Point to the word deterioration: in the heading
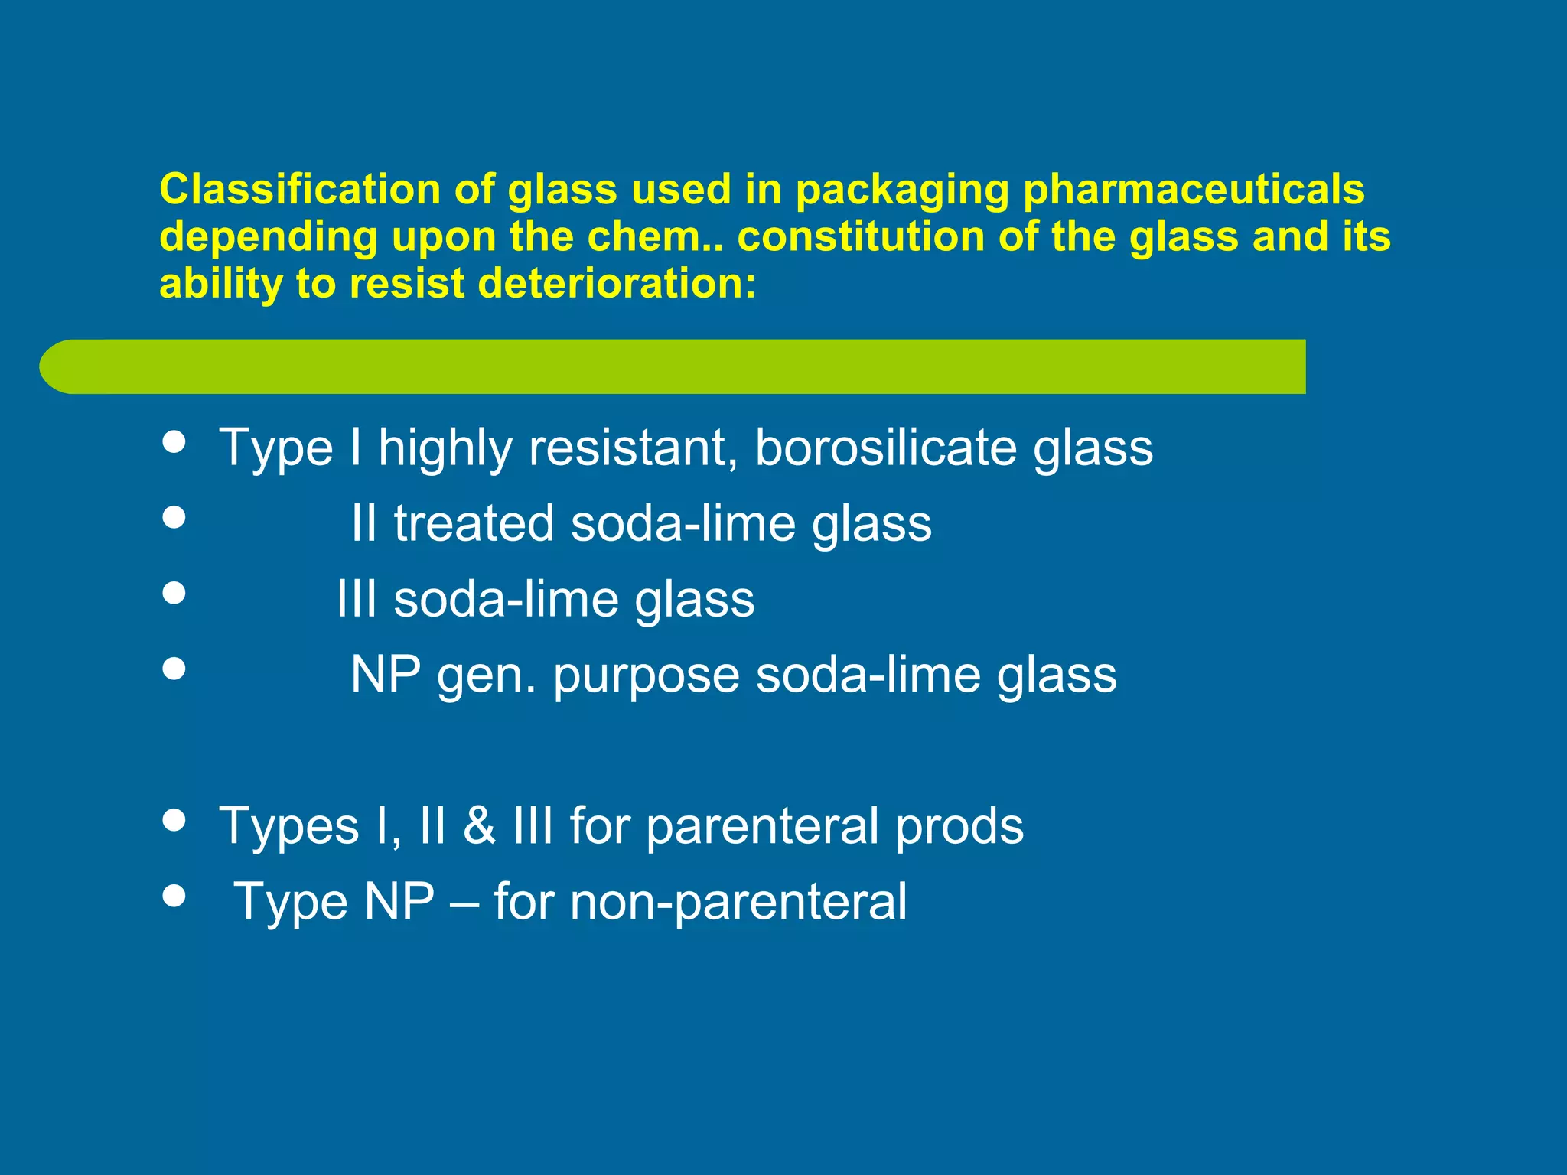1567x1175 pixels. point(617,284)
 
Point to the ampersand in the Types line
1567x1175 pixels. point(479,826)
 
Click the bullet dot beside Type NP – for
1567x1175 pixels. point(174,895)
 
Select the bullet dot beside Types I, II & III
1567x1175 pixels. point(174,820)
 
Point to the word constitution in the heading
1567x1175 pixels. point(860,236)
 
